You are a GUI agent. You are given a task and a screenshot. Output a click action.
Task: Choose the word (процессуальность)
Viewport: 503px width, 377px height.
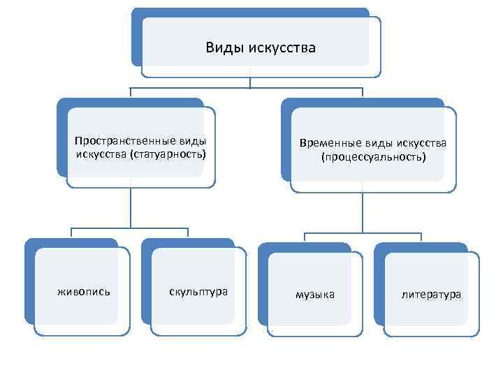[x=372, y=157]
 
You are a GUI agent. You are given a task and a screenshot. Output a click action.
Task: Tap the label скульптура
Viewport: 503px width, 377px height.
[x=198, y=291]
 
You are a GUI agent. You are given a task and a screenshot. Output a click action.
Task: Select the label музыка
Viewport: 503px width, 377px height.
[x=314, y=295]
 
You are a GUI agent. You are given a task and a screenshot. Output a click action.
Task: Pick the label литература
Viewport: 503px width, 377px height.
[x=430, y=295]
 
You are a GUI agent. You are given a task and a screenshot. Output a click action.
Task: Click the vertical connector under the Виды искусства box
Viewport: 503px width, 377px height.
[x=250, y=82]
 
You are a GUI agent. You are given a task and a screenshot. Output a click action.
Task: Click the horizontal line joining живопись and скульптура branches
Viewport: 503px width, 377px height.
[x=131, y=228]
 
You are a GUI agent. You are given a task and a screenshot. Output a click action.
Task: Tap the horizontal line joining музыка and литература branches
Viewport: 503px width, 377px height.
[x=363, y=232]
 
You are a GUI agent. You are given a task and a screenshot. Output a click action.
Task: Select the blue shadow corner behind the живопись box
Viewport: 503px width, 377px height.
[x=30, y=244]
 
